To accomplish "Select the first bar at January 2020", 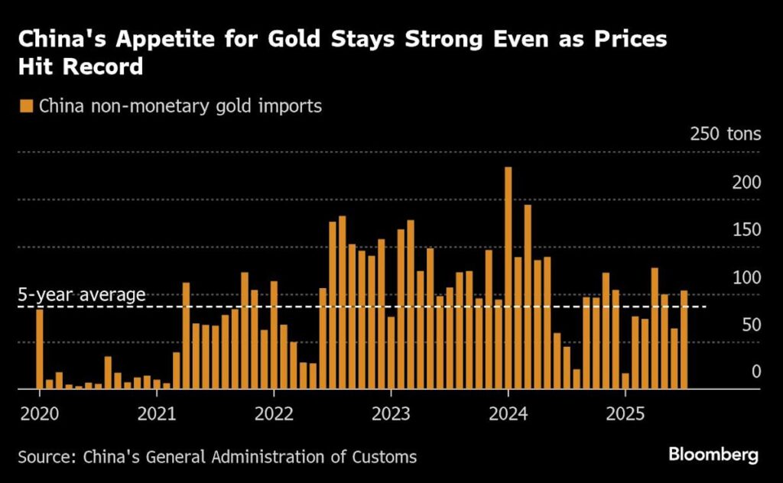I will tap(40, 348).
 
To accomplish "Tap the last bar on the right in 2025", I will tap(684, 339).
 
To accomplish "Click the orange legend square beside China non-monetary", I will tap(27, 106).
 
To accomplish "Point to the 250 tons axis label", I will tap(725, 135).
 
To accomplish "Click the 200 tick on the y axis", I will tap(746, 183).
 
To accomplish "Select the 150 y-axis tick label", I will tap(746, 230).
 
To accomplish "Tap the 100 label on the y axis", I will tap(746, 277).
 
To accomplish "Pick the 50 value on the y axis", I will tap(750, 325).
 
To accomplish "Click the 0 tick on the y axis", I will tap(756, 371).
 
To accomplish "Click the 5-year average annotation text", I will tap(81, 295).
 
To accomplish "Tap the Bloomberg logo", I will tap(713, 455).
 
